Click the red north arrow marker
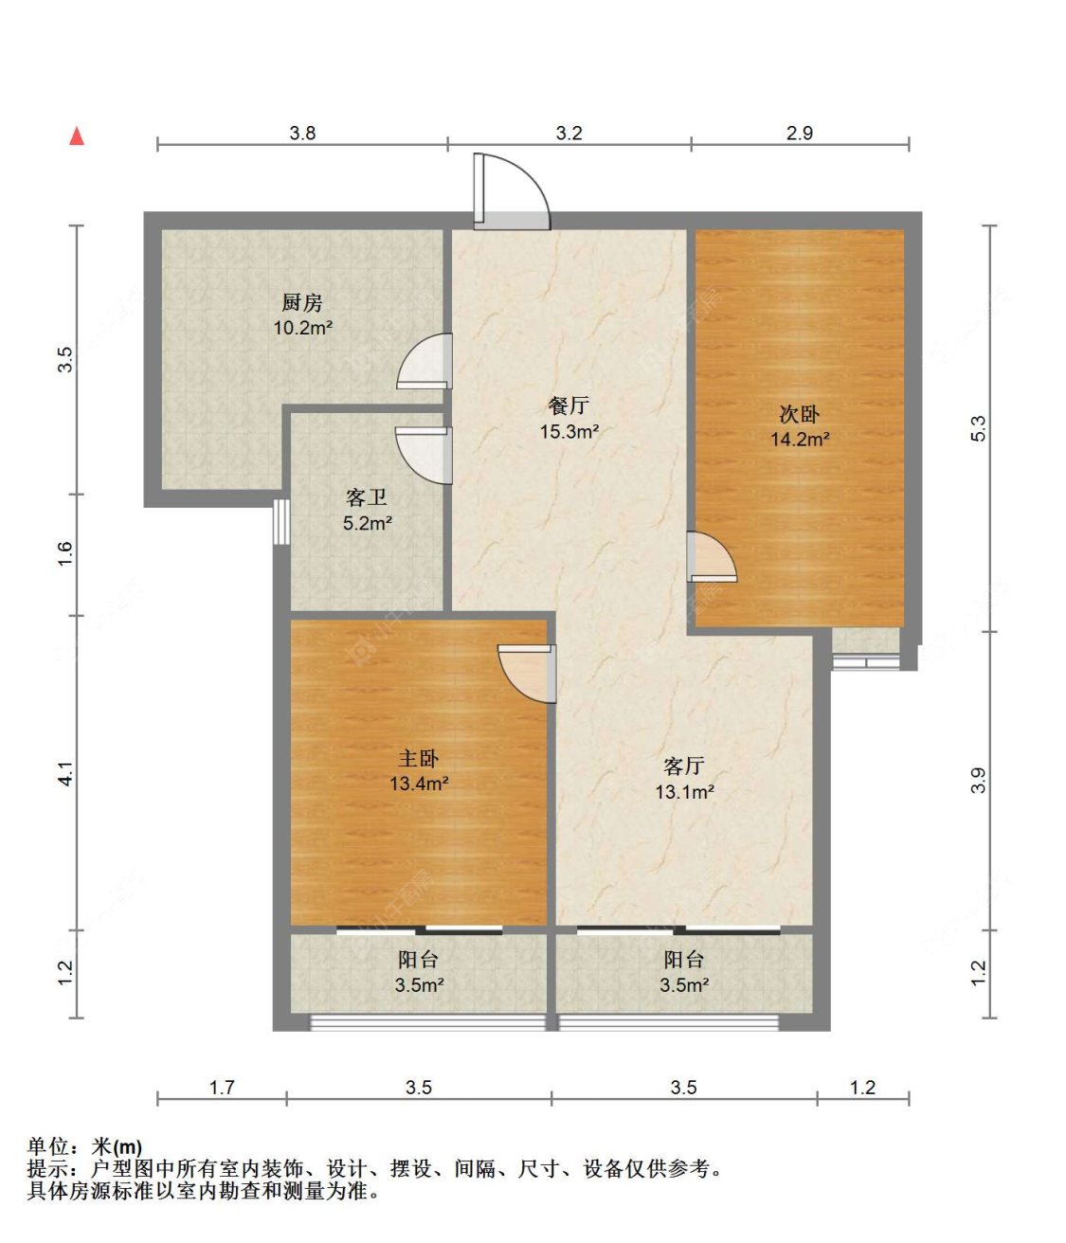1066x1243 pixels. (x=77, y=136)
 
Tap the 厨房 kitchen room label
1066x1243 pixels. (x=302, y=303)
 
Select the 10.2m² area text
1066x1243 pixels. (x=302, y=329)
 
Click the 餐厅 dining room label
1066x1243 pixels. (x=569, y=406)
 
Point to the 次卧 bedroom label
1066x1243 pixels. (x=799, y=414)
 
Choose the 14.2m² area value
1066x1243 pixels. (x=799, y=440)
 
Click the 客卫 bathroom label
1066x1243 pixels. (x=367, y=497)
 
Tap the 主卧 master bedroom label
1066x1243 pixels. (x=418, y=759)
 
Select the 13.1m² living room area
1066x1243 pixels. (x=684, y=792)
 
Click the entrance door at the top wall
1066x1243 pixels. (x=511, y=194)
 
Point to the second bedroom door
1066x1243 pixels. (x=710, y=558)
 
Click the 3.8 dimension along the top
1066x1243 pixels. (x=302, y=134)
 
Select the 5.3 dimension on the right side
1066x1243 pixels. (x=978, y=428)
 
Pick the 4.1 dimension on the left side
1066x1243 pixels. (x=64, y=774)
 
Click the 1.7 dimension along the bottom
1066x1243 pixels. (x=222, y=1088)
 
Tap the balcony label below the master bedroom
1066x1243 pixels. (x=418, y=960)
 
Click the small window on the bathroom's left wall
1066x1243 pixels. (x=280, y=521)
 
